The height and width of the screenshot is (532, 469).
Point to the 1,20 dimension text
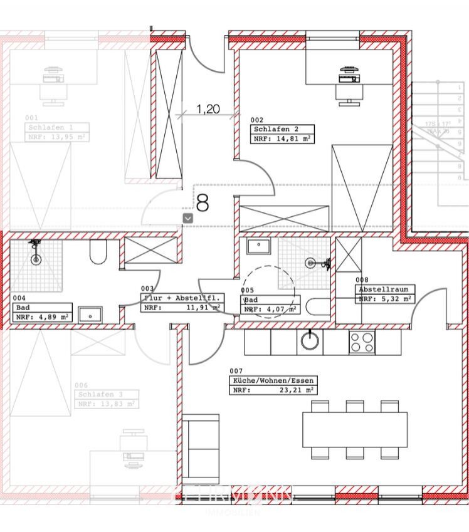tap(208, 109)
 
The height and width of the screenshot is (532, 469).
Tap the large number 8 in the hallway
tap(203, 202)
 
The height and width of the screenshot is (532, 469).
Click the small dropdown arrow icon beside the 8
tap(187, 217)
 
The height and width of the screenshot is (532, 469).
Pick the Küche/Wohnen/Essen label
tap(273, 380)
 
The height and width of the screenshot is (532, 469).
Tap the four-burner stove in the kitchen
tap(362, 342)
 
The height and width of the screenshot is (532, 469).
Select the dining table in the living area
tap(355, 429)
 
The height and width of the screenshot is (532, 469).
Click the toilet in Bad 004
tap(98, 253)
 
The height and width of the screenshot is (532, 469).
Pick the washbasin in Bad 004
tap(92, 314)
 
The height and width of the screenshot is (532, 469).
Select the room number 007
tap(236, 371)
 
